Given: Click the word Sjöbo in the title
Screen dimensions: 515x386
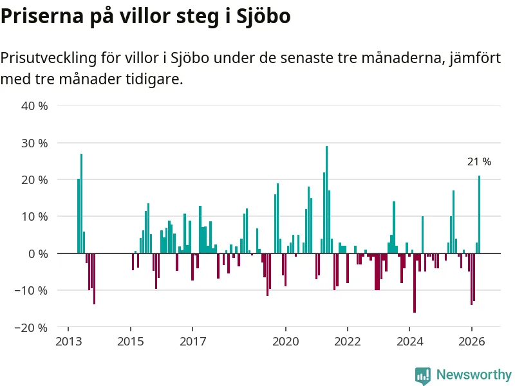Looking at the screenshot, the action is click(x=263, y=15).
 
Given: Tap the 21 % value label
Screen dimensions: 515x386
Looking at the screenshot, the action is click(x=479, y=161).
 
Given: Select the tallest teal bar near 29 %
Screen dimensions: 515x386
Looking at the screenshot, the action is click(x=326, y=199).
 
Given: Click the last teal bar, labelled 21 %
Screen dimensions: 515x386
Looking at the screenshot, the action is click(x=479, y=214).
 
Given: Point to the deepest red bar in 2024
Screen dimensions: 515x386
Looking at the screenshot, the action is click(x=415, y=283).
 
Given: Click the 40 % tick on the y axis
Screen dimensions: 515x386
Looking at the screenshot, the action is click(x=35, y=106).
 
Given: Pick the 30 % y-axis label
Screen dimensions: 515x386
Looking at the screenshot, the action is click(x=35, y=143).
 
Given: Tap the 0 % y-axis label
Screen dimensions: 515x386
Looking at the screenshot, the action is click(x=38, y=253).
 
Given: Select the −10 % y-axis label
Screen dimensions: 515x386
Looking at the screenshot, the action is click(x=31, y=291).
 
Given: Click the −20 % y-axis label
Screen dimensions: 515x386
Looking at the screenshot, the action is click(x=31, y=327).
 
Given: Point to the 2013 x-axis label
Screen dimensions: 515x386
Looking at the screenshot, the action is click(x=68, y=342).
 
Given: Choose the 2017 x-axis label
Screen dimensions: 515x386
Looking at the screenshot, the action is click(x=192, y=342).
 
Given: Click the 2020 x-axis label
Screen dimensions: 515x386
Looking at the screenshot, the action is click(x=286, y=342).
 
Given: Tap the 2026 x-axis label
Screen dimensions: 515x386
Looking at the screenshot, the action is click(x=472, y=342).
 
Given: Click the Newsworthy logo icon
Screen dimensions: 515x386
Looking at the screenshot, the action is click(x=423, y=376).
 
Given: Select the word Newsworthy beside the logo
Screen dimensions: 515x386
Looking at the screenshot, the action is click(x=474, y=374).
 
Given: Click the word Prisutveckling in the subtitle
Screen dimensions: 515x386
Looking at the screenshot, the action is click(x=49, y=59).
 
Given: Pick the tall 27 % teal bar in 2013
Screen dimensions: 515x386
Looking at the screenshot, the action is click(x=82, y=203).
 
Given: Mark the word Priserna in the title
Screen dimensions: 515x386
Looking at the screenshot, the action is click(x=42, y=15).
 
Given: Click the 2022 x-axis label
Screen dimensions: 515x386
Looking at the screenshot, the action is click(x=348, y=342).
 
